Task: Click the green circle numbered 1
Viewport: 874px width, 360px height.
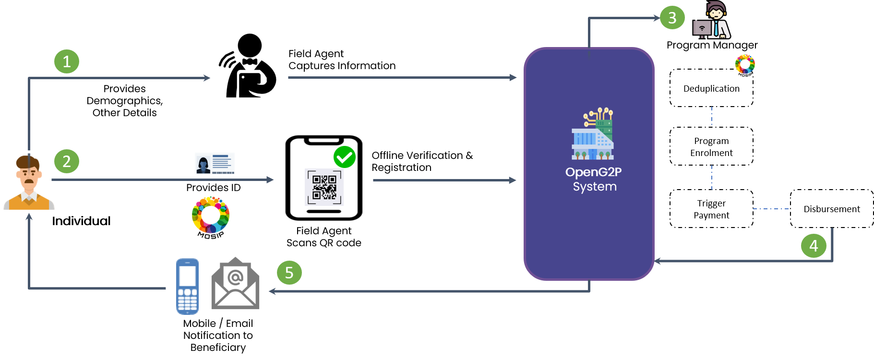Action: (x=67, y=61)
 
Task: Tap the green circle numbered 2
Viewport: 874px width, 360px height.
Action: (x=67, y=161)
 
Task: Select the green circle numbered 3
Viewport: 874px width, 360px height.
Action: (x=672, y=18)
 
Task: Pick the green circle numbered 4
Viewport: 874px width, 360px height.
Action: (x=814, y=246)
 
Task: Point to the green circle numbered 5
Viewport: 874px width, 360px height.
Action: (x=289, y=273)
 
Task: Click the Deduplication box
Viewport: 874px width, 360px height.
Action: (x=711, y=88)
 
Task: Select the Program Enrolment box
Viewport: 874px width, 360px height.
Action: (x=711, y=146)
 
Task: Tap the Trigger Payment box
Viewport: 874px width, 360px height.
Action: (x=711, y=209)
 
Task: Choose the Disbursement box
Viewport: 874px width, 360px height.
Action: (x=832, y=209)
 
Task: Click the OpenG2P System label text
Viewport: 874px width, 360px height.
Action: (x=594, y=179)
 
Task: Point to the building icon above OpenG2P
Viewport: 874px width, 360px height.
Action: (x=593, y=134)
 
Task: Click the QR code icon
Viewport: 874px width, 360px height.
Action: (x=324, y=187)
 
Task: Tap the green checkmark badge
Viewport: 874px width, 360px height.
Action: (x=345, y=157)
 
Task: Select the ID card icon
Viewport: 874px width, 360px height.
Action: (x=215, y=163)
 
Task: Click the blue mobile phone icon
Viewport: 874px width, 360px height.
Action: (x=187, y=287)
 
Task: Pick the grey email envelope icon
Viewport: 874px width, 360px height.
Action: (x=235, y=284)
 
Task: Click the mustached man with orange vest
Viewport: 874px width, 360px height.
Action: (x=29, y=183)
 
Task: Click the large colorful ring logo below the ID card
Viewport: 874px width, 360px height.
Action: (x=211, y=215)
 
